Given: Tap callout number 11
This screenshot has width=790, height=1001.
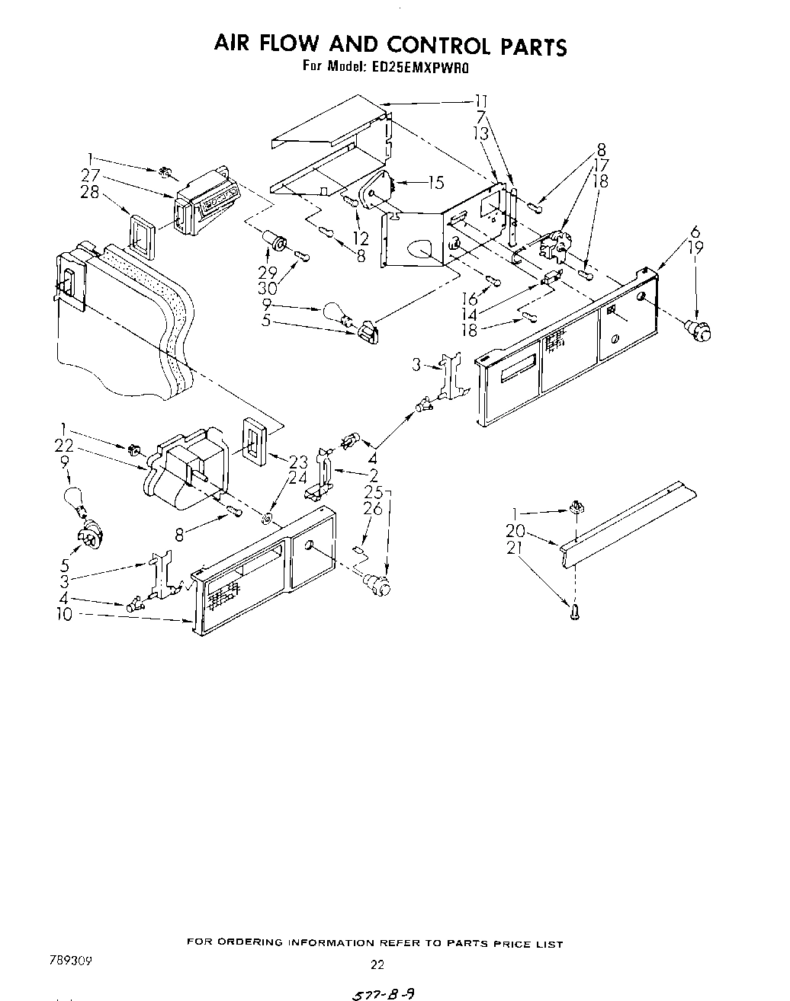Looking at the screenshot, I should pos(481,101).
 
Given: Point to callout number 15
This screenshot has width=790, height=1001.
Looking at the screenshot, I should pos(435,182).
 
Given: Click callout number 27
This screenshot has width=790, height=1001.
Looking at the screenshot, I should pos(92,176).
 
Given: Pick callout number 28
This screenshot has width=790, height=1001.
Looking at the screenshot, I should pos(91,192).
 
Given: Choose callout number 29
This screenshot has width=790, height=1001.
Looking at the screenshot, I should pos(266,272).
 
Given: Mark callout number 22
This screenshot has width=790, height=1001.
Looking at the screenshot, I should pos(64,446).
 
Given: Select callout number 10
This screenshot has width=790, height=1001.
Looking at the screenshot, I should pos(64,615).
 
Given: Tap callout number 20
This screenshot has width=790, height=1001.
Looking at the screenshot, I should pos(515,532).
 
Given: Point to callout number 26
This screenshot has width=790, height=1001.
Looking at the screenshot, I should pos(373,510).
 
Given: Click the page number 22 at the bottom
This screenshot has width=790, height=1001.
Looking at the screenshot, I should pos(377,964).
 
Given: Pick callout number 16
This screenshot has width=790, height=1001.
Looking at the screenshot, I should pos(471,299).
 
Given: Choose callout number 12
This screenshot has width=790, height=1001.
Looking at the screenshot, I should pos(361,239).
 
